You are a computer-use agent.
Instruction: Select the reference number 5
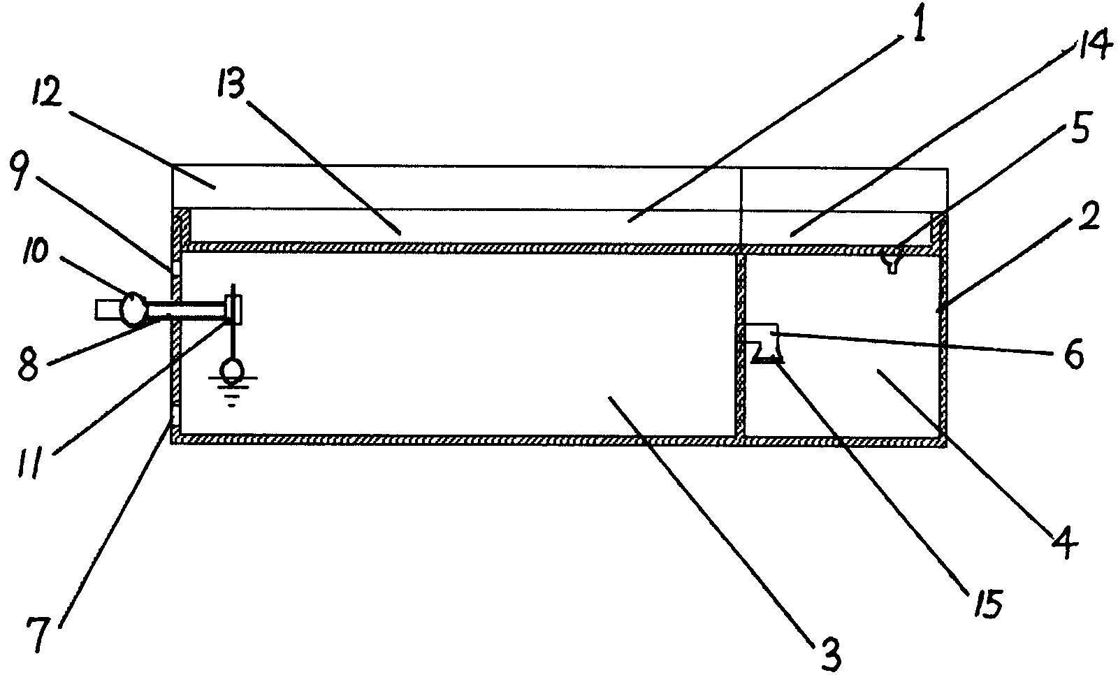pos(1079,131)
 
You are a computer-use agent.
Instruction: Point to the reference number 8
pos(28,366)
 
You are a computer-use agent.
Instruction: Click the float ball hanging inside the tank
pos(232,370)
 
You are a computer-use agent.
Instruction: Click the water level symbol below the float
pos(232,391)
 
